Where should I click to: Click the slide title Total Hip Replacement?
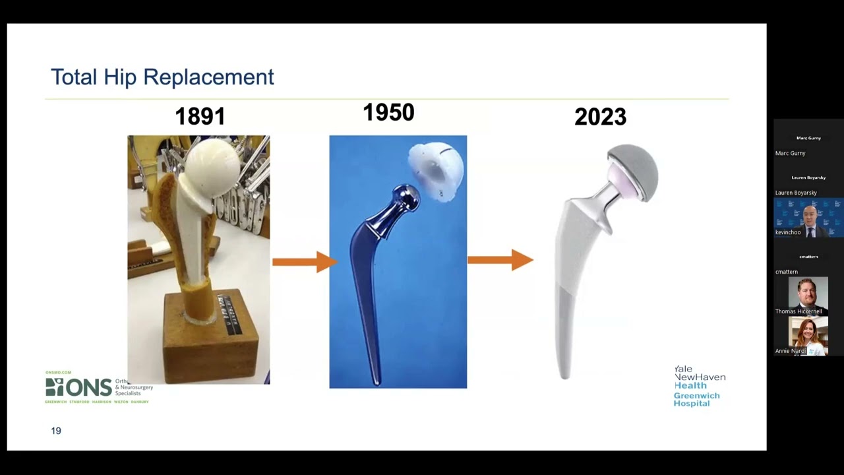[162, 77]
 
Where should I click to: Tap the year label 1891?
[200, 117]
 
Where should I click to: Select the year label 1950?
[388, 113]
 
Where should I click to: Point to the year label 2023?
[600, 117]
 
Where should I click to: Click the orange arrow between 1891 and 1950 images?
[304, 262]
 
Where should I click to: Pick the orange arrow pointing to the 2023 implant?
[500, 260]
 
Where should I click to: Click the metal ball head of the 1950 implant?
[404, 197]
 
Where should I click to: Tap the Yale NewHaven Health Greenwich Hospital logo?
[699, 386]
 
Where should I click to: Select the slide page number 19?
[56, 431]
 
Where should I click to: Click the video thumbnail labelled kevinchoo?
[808, 218]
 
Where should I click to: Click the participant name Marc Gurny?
[791, 153]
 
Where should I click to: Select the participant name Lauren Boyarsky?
[796, 193]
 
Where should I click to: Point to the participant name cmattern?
[787, 272]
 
